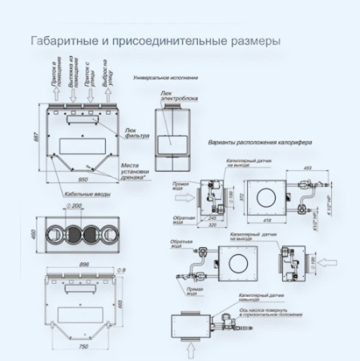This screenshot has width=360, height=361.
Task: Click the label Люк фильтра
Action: pos(134,132)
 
